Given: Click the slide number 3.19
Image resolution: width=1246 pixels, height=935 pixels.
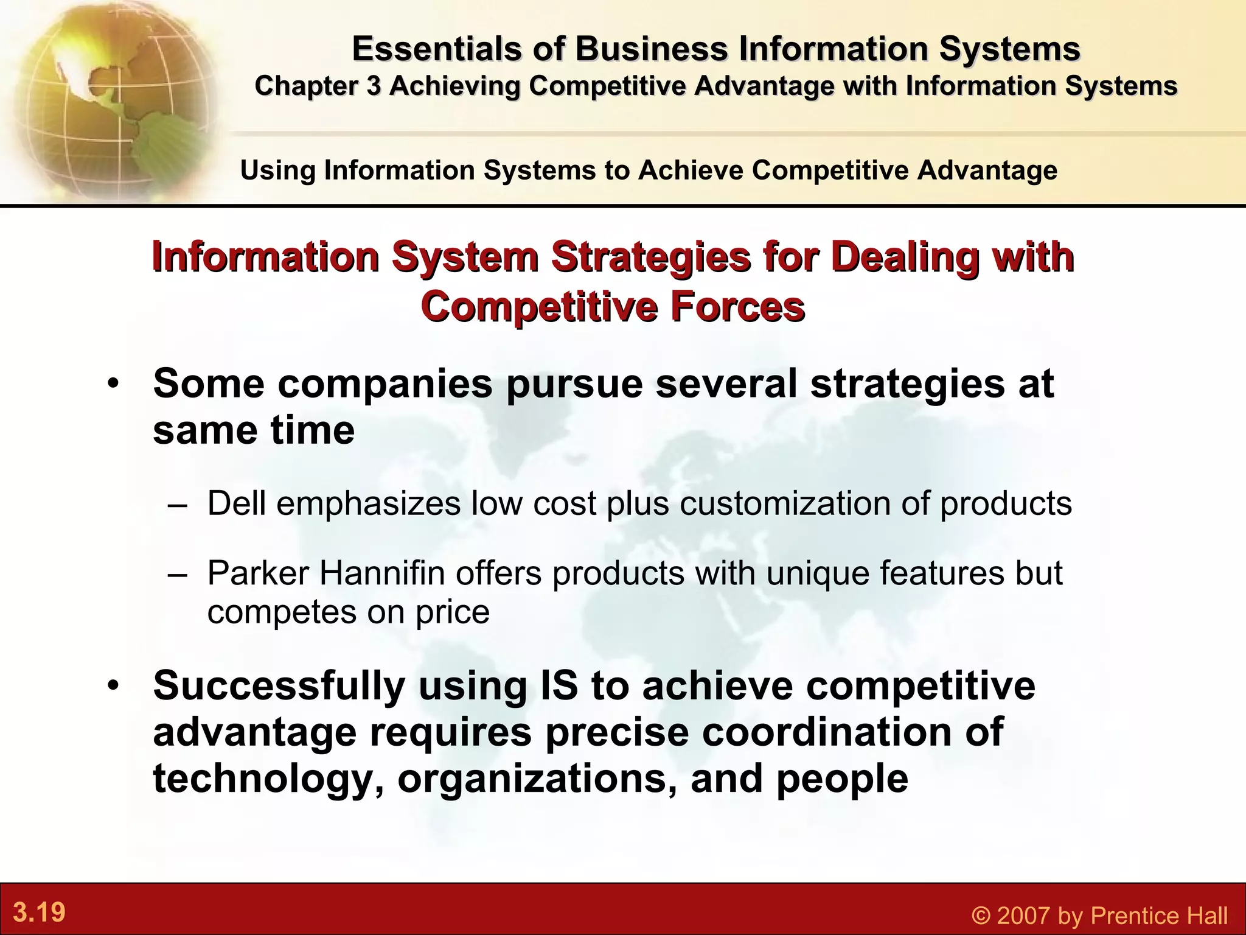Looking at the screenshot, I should pos(39,912).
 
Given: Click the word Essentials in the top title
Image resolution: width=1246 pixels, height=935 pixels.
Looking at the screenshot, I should pos(436,49).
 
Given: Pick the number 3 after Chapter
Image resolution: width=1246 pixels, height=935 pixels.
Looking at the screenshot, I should pos(373,86).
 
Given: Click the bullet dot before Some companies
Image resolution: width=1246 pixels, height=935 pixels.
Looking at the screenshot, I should pos(113,385).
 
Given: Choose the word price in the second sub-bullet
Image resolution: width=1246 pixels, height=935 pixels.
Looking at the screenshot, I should pos(453,612).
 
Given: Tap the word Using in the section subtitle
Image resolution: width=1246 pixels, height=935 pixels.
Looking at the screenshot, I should pos(278,170).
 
